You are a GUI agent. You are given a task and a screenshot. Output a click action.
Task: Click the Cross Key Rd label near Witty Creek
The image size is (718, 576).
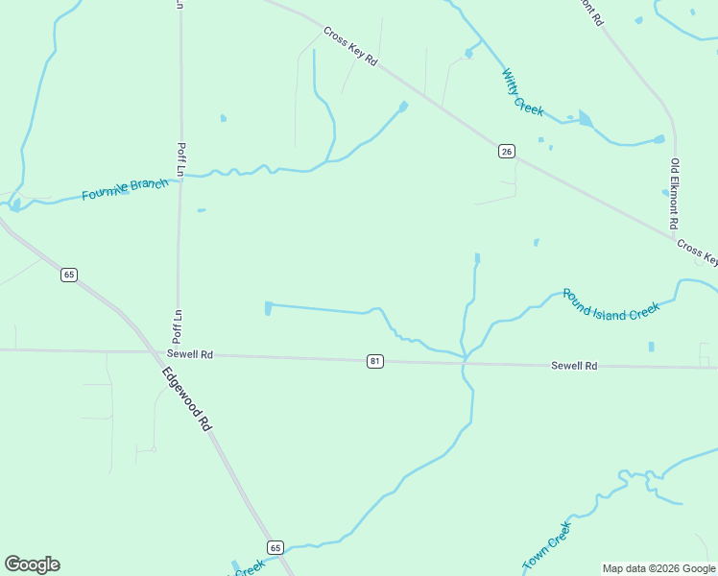351,46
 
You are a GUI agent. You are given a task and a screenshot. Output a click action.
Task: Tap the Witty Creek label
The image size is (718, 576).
523,92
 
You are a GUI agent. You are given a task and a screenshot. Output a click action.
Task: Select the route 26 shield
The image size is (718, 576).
507,151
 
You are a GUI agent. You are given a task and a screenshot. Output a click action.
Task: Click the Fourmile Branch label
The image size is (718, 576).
125,189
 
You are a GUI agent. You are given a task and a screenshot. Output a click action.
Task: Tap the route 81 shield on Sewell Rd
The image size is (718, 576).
375,361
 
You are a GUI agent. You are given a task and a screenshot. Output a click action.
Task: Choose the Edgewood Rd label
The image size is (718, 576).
185,397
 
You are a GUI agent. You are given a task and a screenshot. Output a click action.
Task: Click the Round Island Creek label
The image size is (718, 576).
610,304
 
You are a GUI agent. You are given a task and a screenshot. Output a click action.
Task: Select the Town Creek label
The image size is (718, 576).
547,546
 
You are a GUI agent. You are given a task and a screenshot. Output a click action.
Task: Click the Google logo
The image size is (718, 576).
32,564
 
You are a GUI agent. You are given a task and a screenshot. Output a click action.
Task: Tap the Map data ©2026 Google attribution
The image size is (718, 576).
658,568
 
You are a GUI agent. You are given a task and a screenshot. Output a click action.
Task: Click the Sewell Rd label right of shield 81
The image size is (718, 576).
574,366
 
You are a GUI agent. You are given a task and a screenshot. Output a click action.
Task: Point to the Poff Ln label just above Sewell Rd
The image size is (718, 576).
178,326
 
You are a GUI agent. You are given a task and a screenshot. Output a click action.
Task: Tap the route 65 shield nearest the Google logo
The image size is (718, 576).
275,547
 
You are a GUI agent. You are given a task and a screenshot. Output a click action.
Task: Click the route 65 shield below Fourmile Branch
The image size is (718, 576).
68,275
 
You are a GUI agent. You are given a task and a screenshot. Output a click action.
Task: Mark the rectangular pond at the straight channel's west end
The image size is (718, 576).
268,307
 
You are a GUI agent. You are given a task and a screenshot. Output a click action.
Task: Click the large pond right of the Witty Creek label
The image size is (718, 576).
585,120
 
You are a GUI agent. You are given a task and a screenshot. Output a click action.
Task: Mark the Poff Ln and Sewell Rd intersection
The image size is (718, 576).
177,352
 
